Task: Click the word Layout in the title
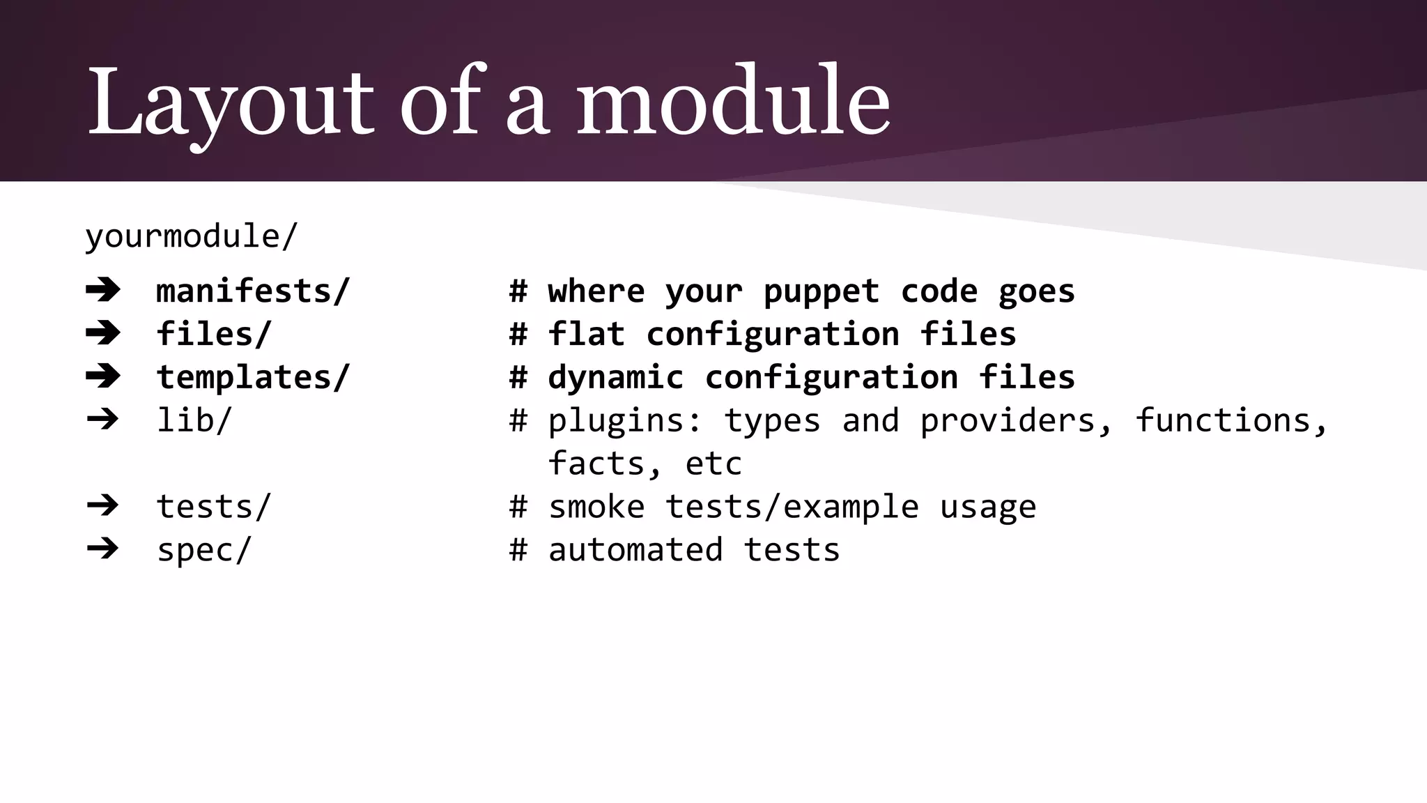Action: (231, 103)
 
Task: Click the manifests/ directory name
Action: (252, 291)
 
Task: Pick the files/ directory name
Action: (213, 334)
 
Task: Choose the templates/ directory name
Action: (252, 377)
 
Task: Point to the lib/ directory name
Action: (194, 420)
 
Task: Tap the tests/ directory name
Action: (213, 507)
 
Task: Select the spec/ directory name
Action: (203, 550)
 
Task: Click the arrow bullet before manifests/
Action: (103, 290)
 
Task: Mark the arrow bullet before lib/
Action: (103, 420)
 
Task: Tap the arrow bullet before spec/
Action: (103, 549)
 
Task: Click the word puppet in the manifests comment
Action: (821, 292)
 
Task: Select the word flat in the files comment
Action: (586, 334)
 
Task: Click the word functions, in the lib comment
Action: (1231, 420)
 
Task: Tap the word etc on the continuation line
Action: (713, 464)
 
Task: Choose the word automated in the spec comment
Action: (635, 550)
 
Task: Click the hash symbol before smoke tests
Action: (518, 507)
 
